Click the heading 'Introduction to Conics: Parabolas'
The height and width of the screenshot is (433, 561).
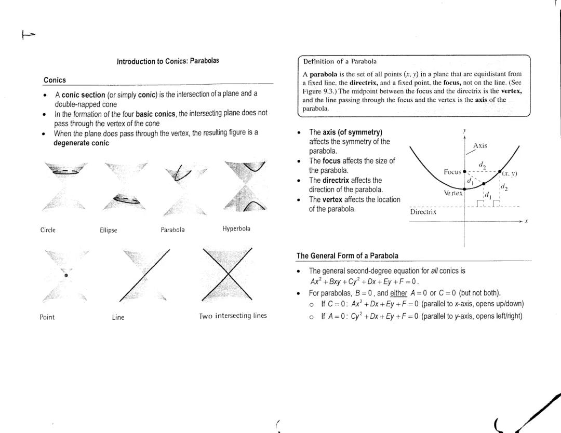pos(168,61)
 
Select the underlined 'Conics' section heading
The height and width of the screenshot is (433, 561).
pos(55,80)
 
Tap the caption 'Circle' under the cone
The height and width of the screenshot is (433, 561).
pos(48,230)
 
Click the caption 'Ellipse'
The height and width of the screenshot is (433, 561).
pos(108,231)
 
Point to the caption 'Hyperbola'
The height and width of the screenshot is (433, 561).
pos(236,228)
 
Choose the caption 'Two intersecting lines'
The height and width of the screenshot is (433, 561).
pos(233,316)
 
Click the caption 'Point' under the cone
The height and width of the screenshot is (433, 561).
pos(47,317)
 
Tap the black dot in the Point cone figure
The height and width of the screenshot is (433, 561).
pos(66,275)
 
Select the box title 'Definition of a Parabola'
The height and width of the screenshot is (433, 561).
pos(340,61)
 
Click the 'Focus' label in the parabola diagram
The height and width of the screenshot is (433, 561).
pos(452,172)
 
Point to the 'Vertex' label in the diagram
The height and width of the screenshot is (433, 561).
pos(453,193)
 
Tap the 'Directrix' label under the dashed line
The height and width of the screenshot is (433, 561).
pos(423,212)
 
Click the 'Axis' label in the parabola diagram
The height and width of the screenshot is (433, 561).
pos(480,146)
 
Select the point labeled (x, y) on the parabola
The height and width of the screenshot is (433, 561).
pos(500,171)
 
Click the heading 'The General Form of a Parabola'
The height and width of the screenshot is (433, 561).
pos(347,255)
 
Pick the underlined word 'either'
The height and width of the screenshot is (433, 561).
pos(398,293)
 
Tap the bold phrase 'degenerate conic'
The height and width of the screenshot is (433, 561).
pos(81,143)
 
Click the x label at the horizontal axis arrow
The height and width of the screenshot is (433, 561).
pos(526,221)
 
